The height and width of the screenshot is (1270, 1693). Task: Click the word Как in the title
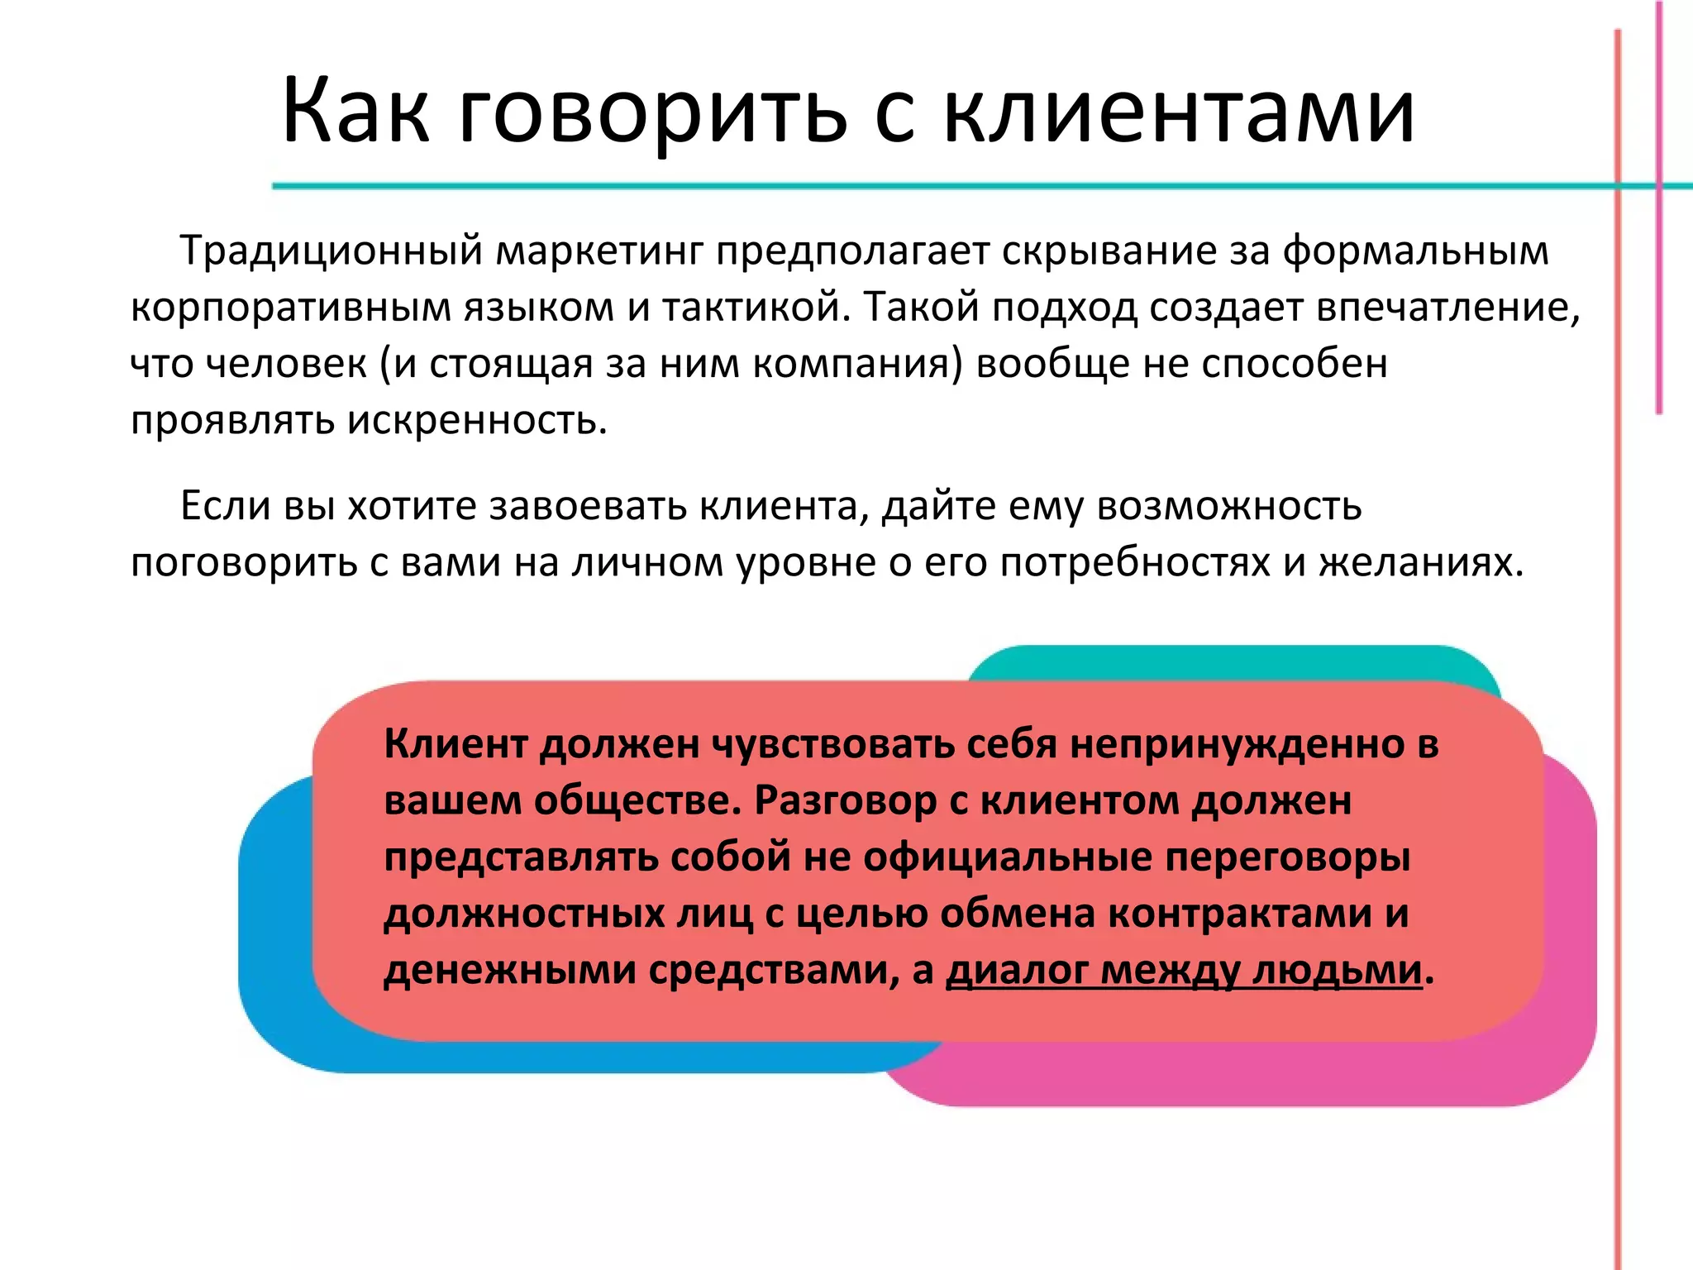pyautogui.click(x=355, y=111)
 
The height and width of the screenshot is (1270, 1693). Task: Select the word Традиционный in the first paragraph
pyautogui.click(x=331, y=251)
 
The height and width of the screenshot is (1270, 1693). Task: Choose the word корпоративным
pyautogui.click(x=290, y=308)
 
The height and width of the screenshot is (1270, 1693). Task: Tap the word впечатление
pyautogui.click(x=1447, y=308)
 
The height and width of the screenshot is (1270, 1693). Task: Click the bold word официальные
pyautogui.click(x=1008, y=857)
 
